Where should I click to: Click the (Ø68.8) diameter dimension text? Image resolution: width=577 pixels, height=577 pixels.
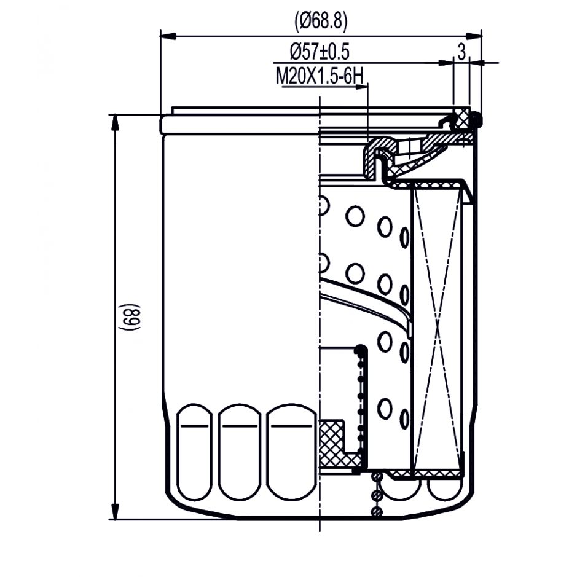321,22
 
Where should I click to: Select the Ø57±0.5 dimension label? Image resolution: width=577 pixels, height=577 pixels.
320,52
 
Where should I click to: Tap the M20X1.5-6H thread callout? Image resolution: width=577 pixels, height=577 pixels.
320,77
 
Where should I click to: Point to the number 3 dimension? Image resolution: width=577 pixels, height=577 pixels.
461,51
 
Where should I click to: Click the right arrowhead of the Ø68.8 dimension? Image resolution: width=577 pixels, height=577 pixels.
474,36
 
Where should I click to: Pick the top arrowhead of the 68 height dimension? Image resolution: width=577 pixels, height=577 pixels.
115,122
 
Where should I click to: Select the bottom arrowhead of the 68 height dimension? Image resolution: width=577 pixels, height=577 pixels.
115,511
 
